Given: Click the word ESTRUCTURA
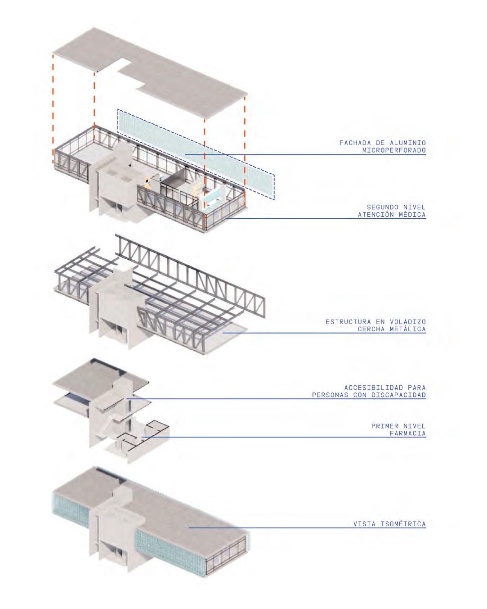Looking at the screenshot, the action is (x=346, y=322).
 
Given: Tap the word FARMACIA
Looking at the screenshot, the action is (x=407, y=433).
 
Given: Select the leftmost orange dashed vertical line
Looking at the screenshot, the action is (x=53, y=108).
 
